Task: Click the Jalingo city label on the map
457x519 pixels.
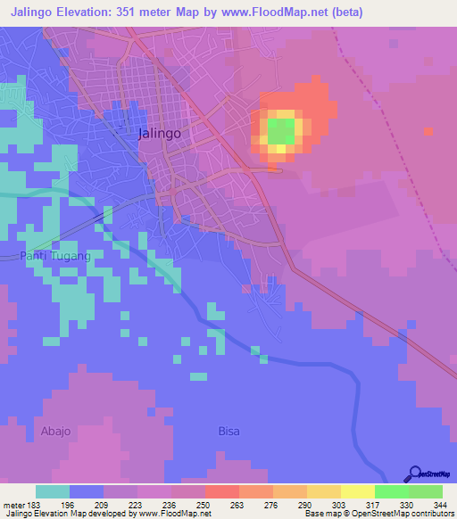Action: (161, 133)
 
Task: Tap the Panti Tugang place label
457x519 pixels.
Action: (55, 256)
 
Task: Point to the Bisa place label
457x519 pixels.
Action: (229, 431)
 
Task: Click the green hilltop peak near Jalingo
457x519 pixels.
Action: (280, 132)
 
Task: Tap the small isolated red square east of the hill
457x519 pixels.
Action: (429, 132)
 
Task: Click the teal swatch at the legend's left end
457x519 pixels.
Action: (53, 492)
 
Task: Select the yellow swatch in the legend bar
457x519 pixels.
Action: (357, 492)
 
